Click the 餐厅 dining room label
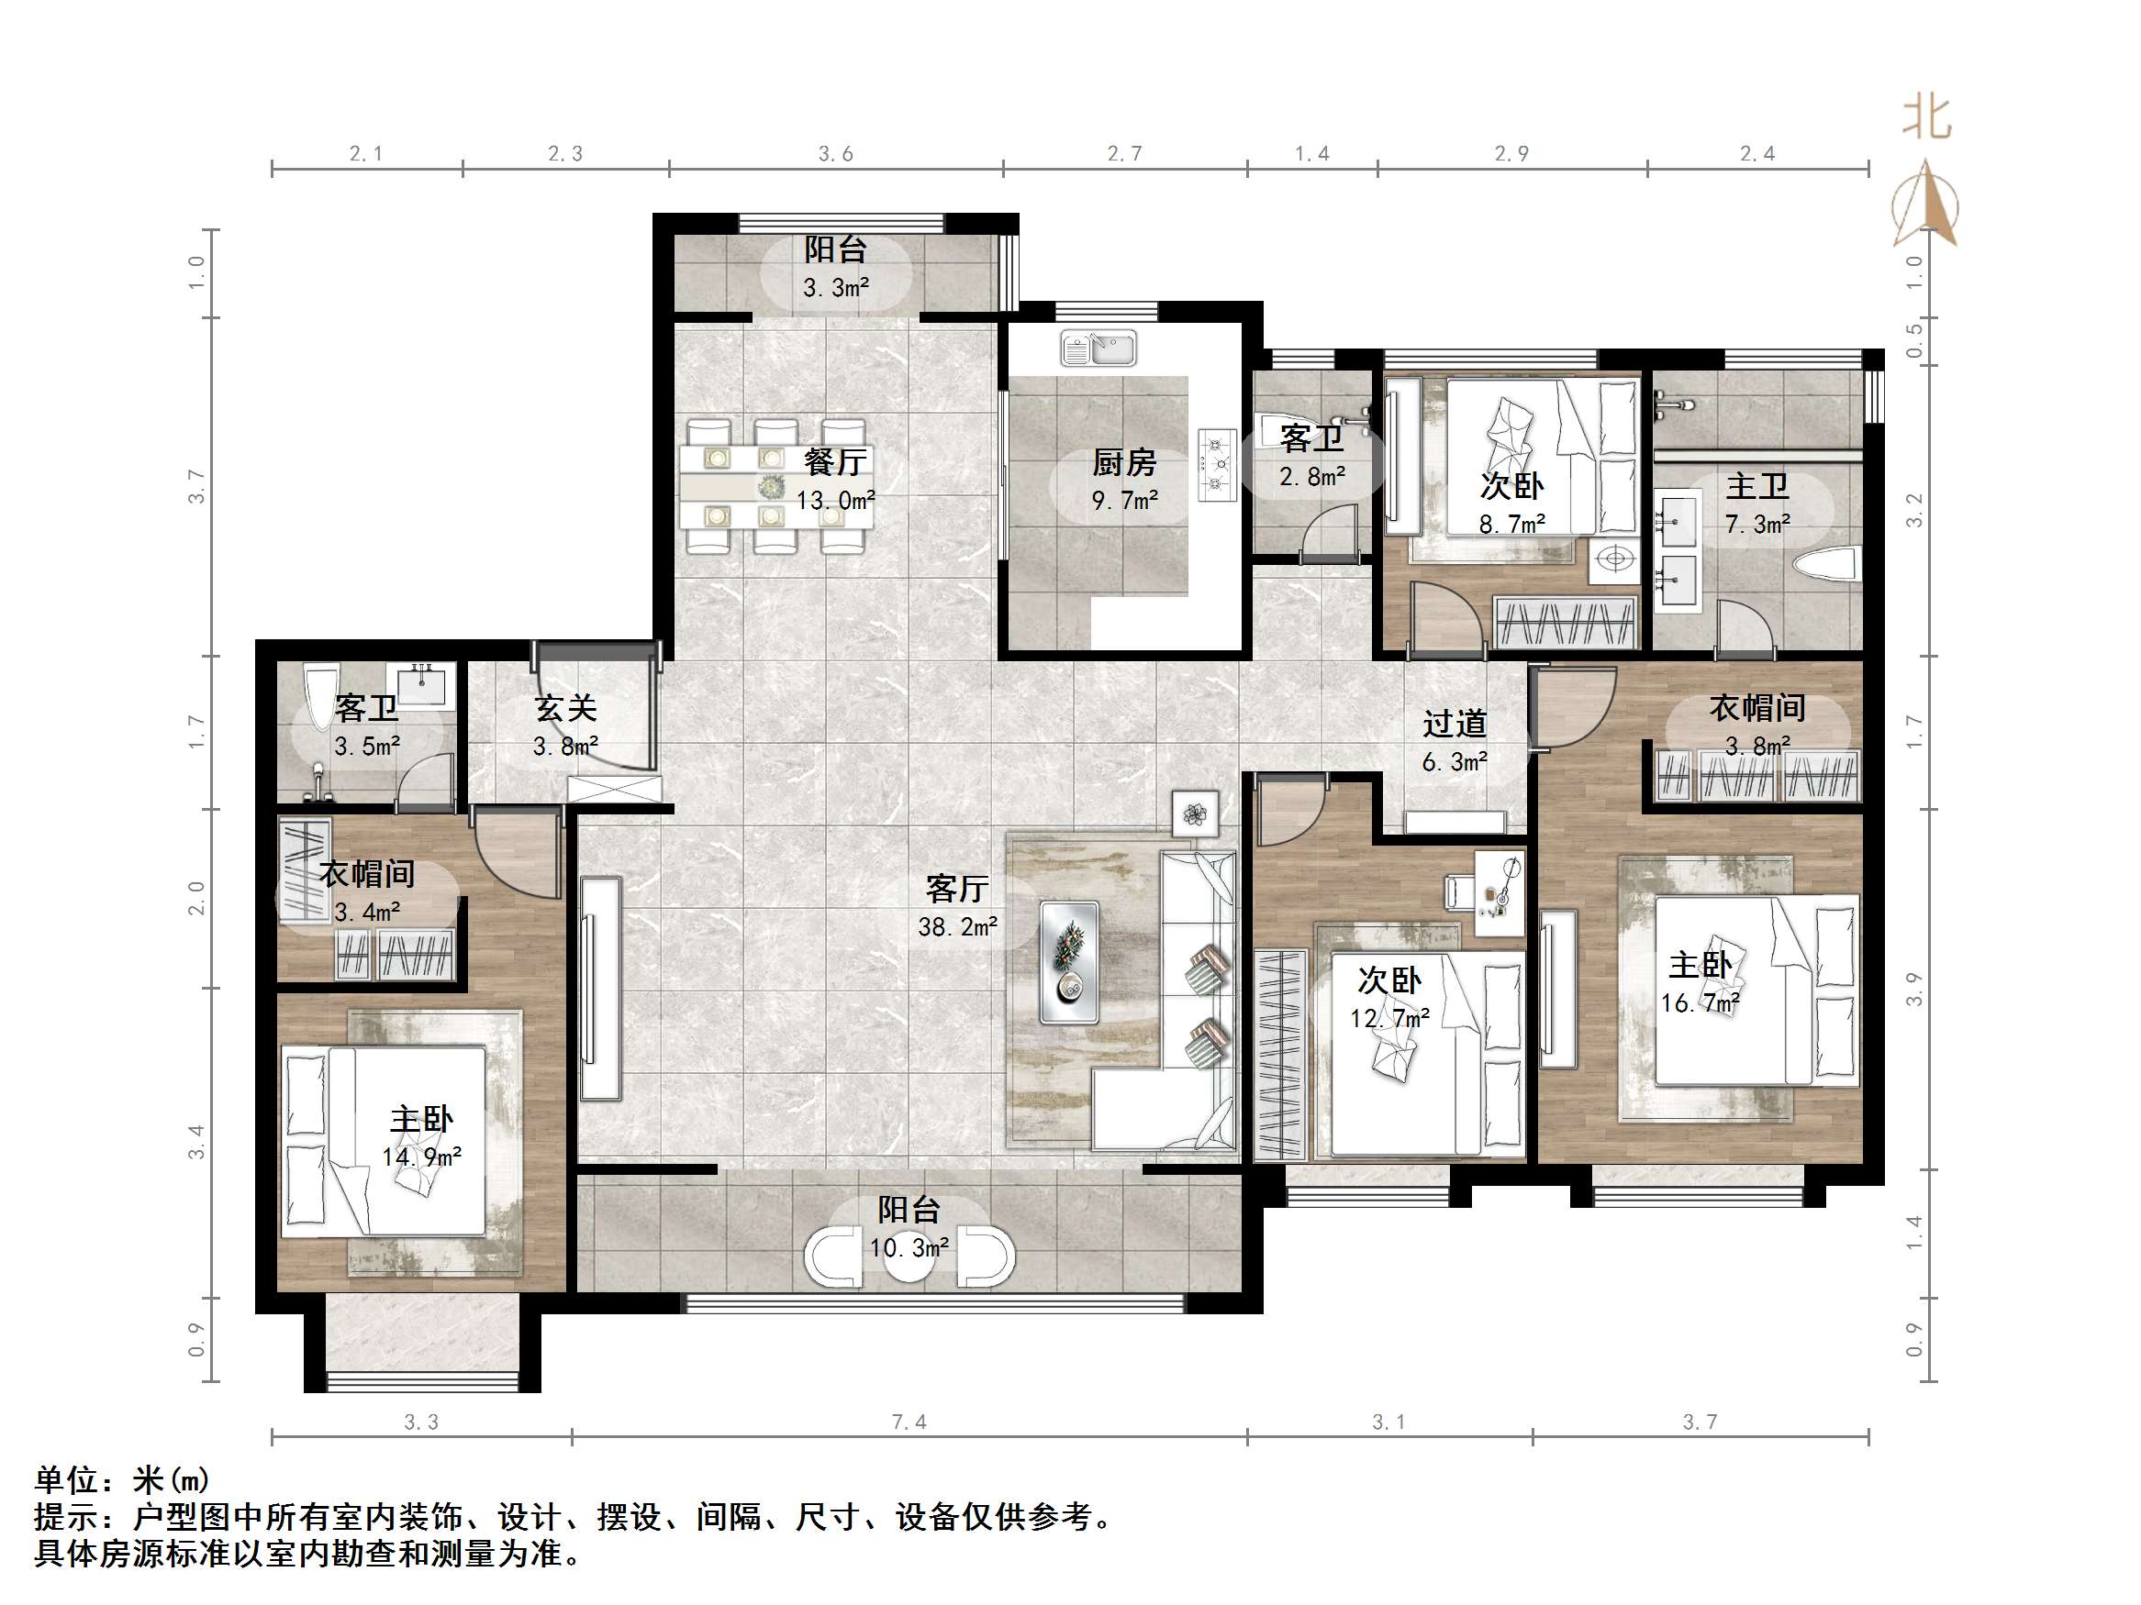(x=834, y=462)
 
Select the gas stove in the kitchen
(x=1217, y=464)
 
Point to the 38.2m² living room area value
(x=957, y=927)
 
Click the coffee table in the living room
(x=1068, y=963)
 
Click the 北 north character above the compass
(x=1926, y=119)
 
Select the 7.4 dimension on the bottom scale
(x=908, y=1422)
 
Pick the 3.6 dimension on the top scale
(x=835, y=154)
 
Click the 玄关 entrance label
(x=565, y=708)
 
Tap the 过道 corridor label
(x=1454, y=724)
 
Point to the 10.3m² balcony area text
(x=908, y=1248)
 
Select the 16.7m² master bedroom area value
(x=1701, y=1003)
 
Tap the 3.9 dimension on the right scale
(x=1913, y=989)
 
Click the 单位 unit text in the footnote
(x=67, y=1480)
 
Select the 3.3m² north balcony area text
(x=835, y=287)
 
